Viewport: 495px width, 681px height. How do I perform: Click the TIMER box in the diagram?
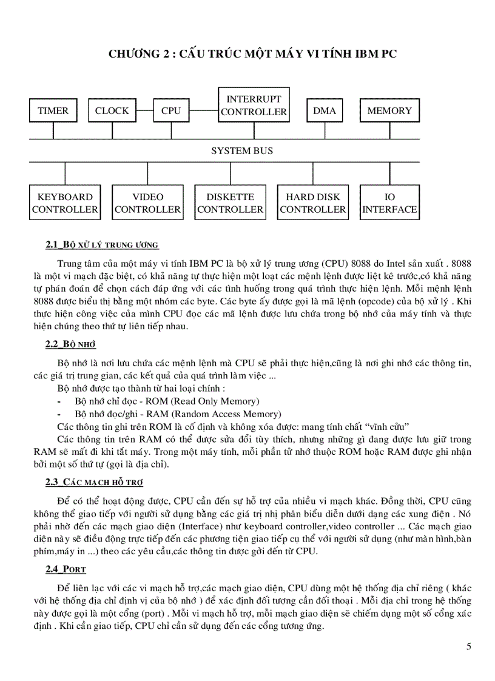[53, 111]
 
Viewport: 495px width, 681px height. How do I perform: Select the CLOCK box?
[112, 111]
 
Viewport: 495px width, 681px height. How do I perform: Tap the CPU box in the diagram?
[171, 111]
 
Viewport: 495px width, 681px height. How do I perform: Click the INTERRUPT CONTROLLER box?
[254, 105]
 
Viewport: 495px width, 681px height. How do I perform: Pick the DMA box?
[325, 111]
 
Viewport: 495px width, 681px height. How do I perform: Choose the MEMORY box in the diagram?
[389, 111]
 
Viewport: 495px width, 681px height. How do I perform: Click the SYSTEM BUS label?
[242, 150]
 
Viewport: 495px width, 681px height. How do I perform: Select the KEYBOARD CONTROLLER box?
[65, 203]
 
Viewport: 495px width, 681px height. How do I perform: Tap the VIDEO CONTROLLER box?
[147, 203]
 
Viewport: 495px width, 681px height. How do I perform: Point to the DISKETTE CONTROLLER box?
[230, 203]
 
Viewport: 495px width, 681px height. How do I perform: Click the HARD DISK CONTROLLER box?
[313, 203]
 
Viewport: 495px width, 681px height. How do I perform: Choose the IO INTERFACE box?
[389, 203]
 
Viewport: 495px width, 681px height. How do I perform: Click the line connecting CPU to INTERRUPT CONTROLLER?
[203, 111]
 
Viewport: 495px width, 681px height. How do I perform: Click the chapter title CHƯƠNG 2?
[253, 54]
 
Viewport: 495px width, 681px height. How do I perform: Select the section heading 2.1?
[102, 245]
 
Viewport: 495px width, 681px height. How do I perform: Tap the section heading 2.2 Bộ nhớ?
[71, 344]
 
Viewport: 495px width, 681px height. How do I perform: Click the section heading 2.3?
[94, 482]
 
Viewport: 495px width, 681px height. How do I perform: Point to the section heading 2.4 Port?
[66, 569]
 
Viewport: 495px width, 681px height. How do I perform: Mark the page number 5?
[468, 646]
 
